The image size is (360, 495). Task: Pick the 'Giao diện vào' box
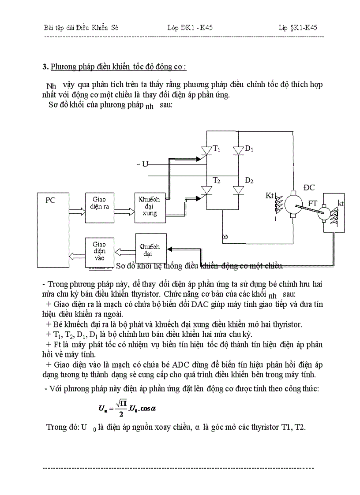tap(99, 252)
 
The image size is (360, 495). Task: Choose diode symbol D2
tap(239, 190)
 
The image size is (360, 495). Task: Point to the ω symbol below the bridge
tap(225, 237)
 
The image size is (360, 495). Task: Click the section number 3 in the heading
tap(45, 67)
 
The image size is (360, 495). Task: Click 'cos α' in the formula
tap(148, 408)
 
